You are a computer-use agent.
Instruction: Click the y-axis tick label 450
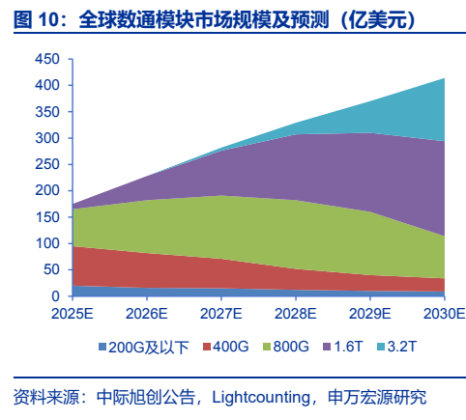pyautogui.click(x=47, y=59)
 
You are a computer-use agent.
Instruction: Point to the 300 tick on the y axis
pyautogui.click(x=47, y=138)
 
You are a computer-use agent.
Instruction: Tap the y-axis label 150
pyautogui.click(x=47, y=217)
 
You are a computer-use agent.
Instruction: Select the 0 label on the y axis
pyautogui.click(x=56, y=296)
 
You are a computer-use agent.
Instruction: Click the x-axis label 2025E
pyautogui.click(x=73, y=314)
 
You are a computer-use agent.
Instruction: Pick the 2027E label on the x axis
pyautogui.click(x=221, y=314)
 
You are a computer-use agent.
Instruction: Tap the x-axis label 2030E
pyautogui.click(x=445, y=314)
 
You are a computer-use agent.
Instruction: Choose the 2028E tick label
pyautogui.click(x=296, y=314)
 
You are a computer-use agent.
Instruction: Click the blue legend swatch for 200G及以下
pyautogui.click(x=102, y=347)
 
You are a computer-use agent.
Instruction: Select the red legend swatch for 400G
pyautogui.click(x=207, y=347)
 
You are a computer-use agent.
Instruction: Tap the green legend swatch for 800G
pyautogui.click(x=267, y=347)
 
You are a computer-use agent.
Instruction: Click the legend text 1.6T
pyautogui.click(x=348, y=347)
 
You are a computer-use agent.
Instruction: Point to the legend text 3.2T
pyautogui.click(x=402, y=347)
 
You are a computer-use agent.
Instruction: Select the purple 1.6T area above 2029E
pyautogui.click(x=370, y=172)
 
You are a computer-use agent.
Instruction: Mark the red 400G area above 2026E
pyautogui.click(x=147, y=270)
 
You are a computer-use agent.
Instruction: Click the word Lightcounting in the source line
pyautogui.click(x=261, y=398)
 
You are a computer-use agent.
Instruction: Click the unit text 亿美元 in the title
pyautogui.click(x=377, y=20)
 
